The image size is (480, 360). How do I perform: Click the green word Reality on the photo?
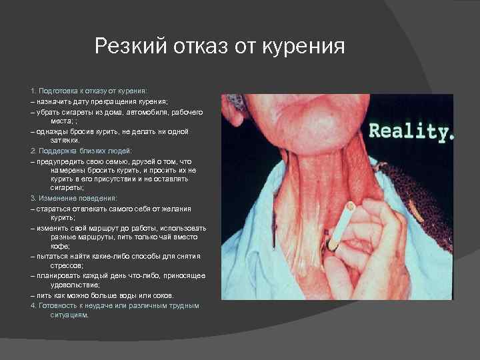pos(408,130)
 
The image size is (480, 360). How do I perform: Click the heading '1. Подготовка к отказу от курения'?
pos(89,89)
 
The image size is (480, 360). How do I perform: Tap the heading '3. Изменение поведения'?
pos(74,198)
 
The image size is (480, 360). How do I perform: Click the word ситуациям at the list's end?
pos(69,315)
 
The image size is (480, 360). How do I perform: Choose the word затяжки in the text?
pos(65,141)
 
